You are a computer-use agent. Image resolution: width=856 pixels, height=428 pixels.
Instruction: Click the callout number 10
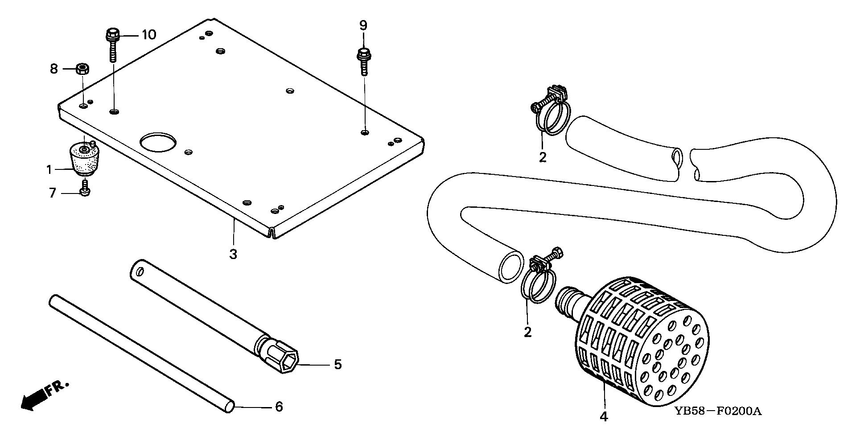point(149,34)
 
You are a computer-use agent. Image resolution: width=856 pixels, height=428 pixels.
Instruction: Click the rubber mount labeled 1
point(83,160)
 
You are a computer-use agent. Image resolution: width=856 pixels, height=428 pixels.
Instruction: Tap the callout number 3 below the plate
point(233,255)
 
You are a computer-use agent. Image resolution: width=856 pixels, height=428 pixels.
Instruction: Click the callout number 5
point(337,365)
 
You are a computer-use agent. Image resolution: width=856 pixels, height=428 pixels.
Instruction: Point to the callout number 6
point(278,407)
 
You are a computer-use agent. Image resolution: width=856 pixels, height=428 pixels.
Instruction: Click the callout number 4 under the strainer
point(604,417)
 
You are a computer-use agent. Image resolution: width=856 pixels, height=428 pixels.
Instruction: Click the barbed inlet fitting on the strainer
point(568,300)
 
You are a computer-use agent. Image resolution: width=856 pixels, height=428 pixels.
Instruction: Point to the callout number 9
point(363,25)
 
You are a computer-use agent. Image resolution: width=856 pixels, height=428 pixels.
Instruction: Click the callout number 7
point(53,193)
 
